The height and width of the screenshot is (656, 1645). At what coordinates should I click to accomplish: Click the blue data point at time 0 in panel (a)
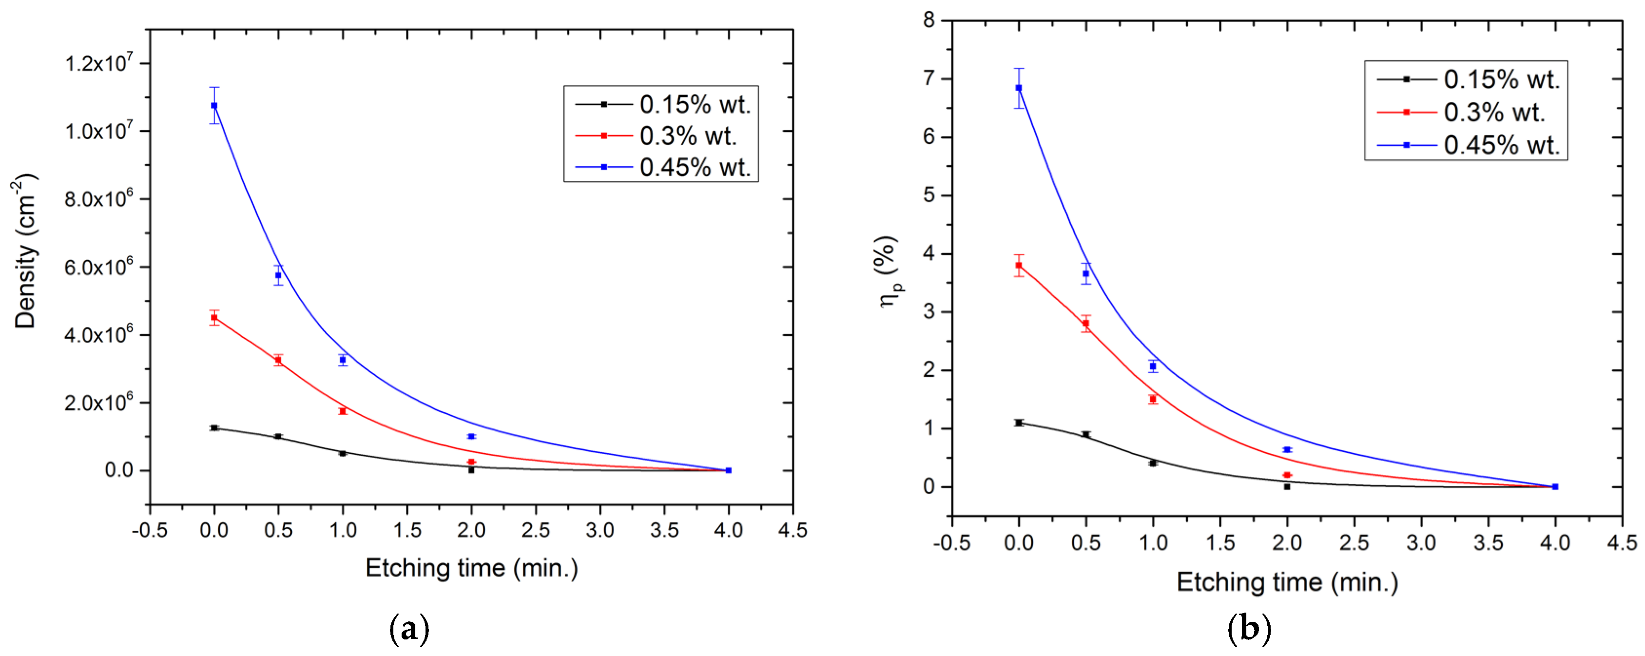[214, 105]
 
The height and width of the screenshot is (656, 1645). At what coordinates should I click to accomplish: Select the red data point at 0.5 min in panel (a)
[278, 360]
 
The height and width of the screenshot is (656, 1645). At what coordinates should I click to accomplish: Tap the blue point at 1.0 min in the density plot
[343, 360]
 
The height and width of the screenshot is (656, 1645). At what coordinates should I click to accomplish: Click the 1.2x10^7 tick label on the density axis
[99, 63]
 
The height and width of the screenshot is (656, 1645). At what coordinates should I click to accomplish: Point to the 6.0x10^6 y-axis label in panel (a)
[99, 267]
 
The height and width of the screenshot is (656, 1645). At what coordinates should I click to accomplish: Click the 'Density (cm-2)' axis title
[25, 251]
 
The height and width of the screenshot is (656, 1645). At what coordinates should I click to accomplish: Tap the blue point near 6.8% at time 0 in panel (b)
[1019, 88]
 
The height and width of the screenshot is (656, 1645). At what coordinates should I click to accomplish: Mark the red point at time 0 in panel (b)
[1019, 265]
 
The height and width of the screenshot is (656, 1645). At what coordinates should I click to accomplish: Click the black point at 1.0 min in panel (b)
[1153, 463]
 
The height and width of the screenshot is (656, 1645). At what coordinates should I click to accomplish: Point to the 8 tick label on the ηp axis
[929, 20]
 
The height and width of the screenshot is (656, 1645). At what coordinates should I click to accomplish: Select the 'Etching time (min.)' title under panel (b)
[1287, 582]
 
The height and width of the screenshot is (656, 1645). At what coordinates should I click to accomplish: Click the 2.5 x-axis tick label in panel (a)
[535, 530]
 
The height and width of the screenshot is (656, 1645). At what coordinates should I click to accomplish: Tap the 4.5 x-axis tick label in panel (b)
[1622, 543]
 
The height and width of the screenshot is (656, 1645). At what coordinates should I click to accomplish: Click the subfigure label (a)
[409, 629]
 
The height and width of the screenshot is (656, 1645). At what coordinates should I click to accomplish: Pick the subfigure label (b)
[1249, 629]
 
